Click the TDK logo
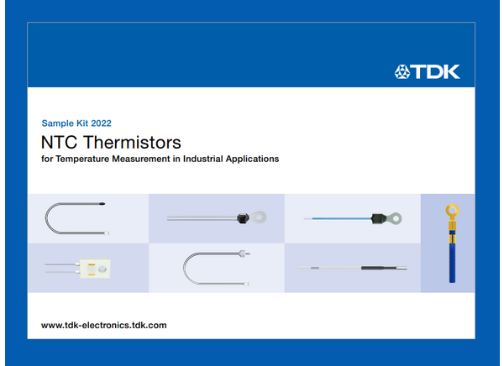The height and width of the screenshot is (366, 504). [x=427, y=71]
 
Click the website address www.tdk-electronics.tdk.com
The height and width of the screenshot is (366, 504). [x=103, y=324]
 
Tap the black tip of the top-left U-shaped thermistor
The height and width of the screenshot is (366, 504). [x=101, y=203]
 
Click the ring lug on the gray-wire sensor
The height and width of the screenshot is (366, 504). [x=261, y=217]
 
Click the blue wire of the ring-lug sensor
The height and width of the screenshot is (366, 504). [x=336, y=218]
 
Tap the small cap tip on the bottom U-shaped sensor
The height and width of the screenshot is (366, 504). [x=243, y=252]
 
